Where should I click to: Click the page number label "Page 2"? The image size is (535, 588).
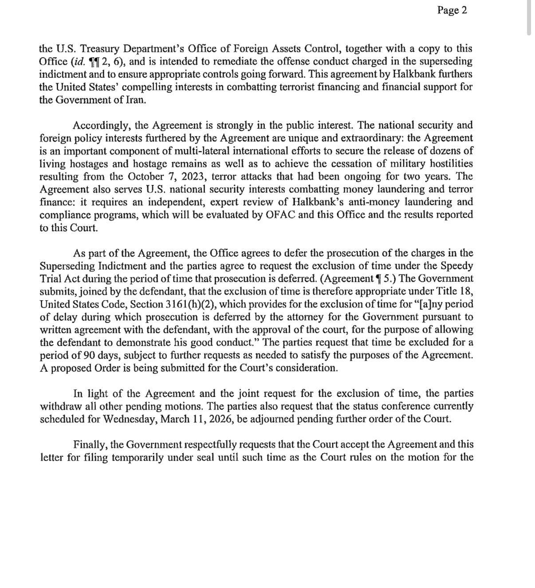pyautogui.click(x=452, y=10)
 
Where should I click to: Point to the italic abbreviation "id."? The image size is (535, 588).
pyautogui.click(x=78, y=61)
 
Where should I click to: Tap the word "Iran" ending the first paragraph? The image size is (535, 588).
pyautogui.click(x=135, y=100)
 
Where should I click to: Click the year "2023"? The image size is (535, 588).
pyautogui.click(x=193, y=176)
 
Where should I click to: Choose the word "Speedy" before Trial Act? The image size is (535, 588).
pyautogui.click(x=456, y=266)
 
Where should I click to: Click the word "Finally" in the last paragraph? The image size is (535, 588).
pyautogui.click(x=90, y=445)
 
